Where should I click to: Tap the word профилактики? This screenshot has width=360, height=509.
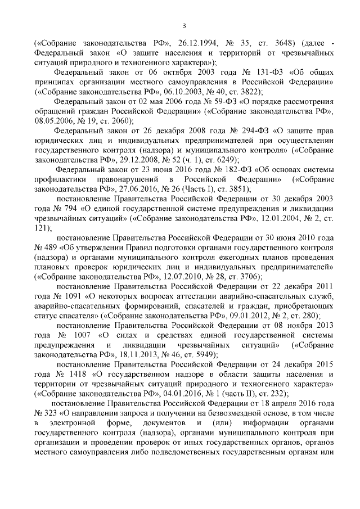(x=61, y=181)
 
